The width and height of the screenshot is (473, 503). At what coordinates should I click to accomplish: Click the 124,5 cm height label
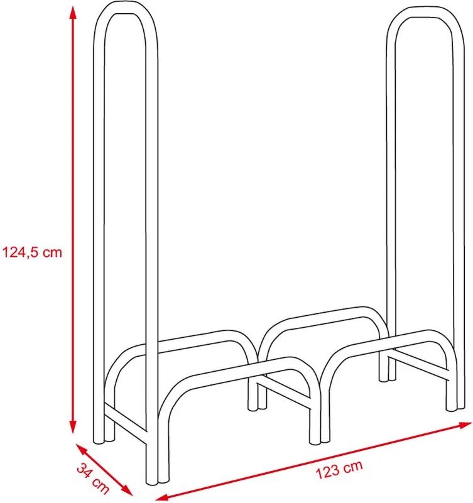32,252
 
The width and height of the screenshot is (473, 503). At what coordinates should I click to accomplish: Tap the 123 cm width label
339,470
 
